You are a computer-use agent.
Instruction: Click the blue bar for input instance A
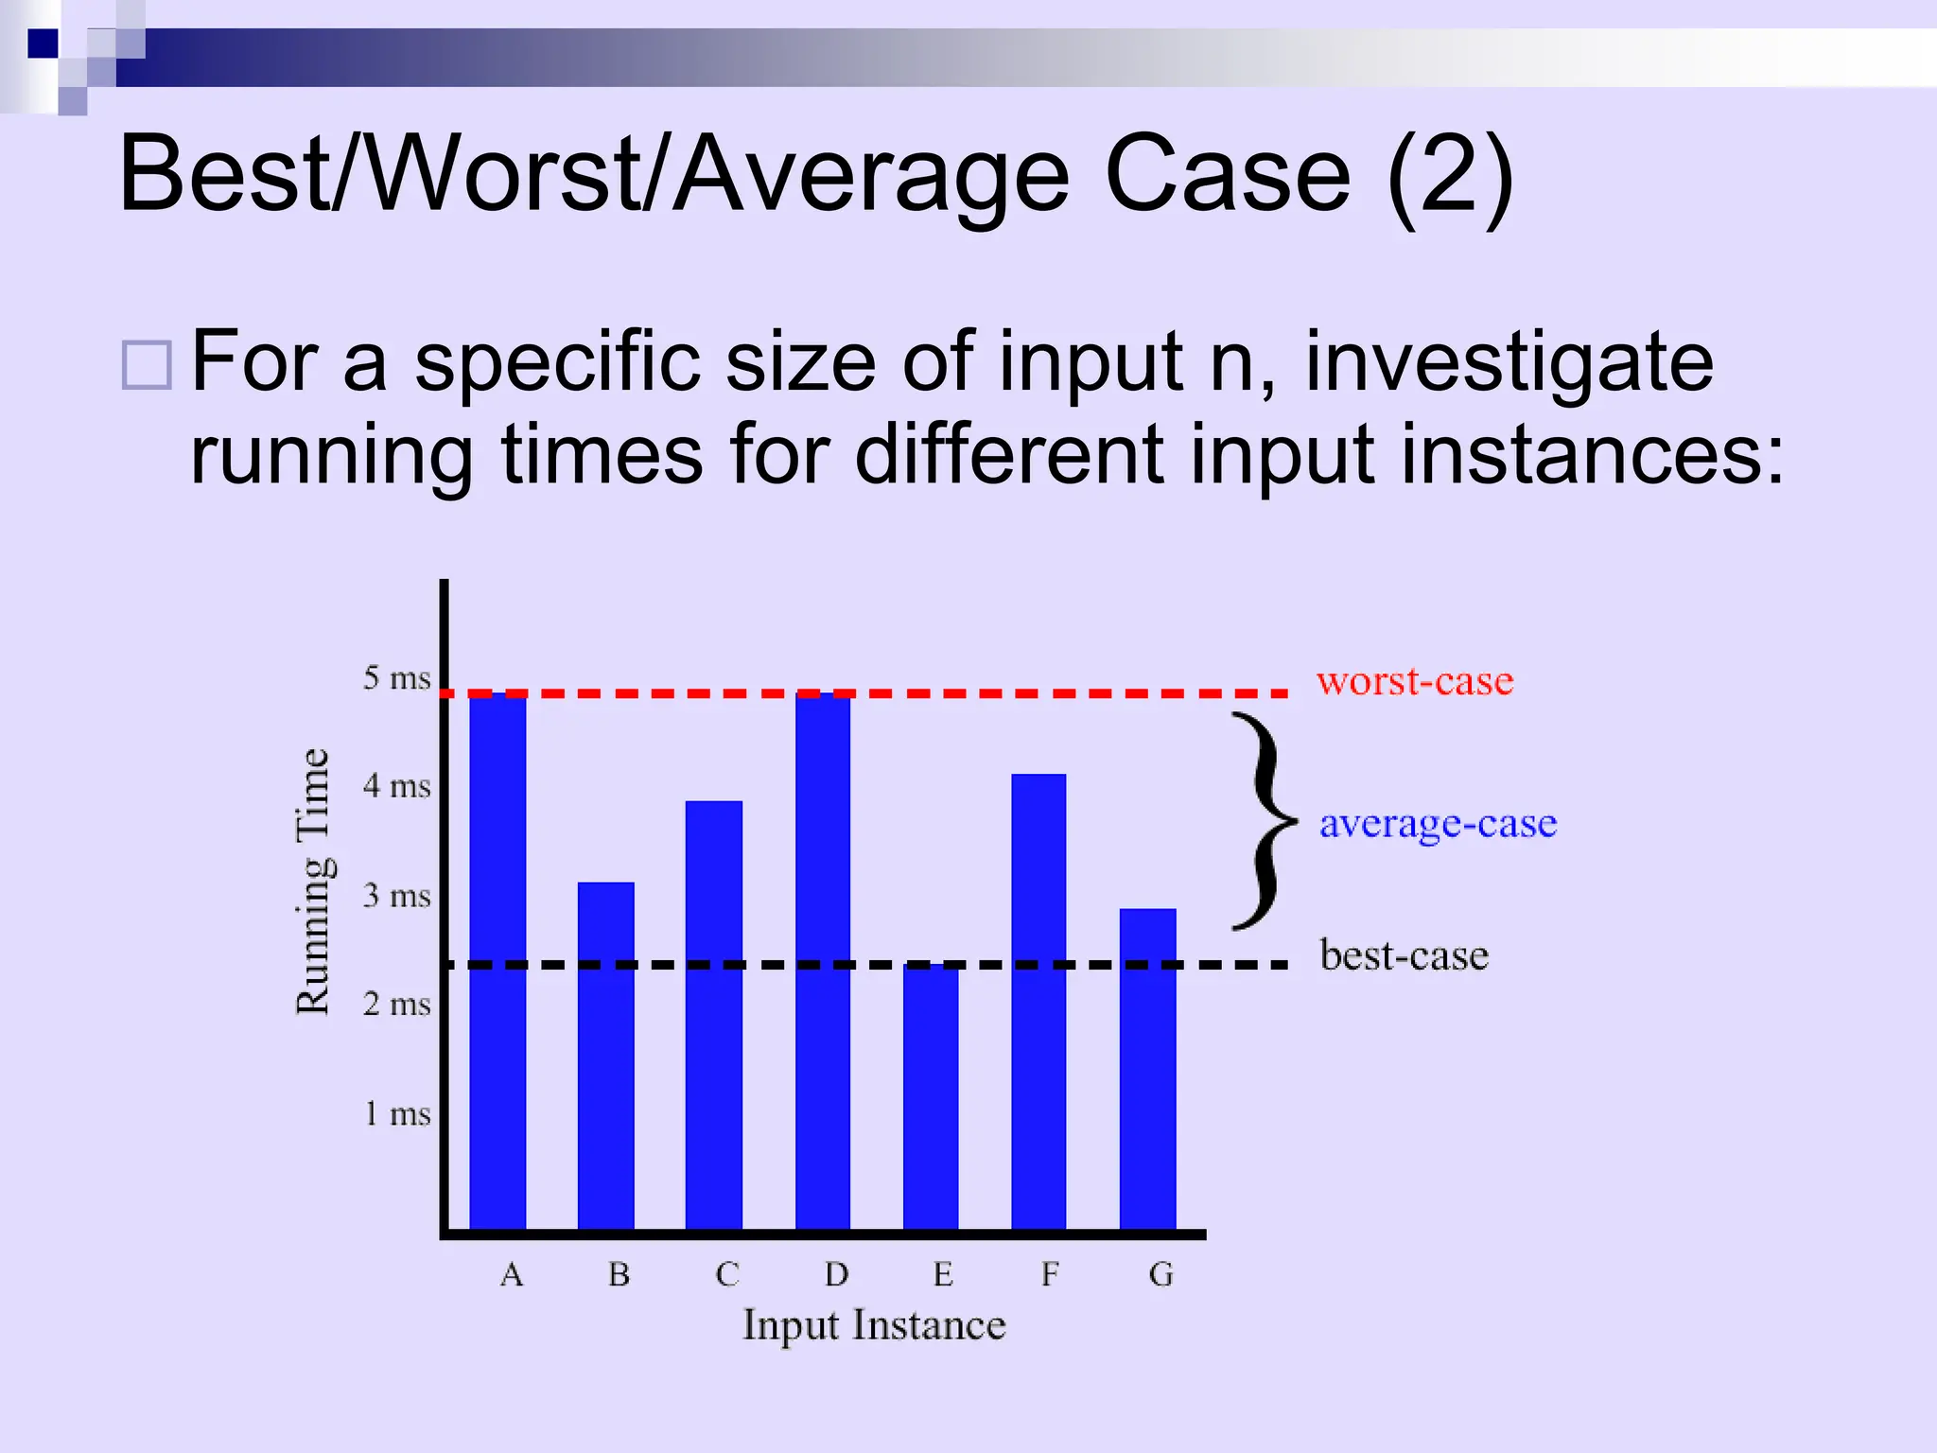click(497, 960)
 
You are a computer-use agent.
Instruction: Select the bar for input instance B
click(605, 1055)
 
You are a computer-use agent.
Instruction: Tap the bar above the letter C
click(713, 1014)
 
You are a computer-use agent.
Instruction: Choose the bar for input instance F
click(1038, 1001)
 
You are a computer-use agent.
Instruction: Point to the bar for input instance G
click(1147, 1068)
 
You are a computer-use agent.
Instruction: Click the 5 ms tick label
click(397, 678)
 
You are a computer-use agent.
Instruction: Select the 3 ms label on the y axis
click(397, 895)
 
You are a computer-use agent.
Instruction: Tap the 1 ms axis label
click(397, 1113)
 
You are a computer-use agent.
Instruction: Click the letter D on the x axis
click(836, 1275)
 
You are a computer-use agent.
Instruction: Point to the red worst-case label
click(1415, 681)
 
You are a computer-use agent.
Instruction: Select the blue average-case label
click(1438, 824)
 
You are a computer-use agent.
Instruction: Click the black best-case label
click(1405, 955)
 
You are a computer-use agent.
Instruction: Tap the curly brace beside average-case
click(1263, 821)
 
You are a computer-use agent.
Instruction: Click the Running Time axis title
click(313, 882)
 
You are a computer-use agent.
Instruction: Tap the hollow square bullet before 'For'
click(148, 365)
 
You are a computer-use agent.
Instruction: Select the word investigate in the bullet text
click(1509, 361)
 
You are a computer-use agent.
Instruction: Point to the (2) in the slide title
click(1450, 177)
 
